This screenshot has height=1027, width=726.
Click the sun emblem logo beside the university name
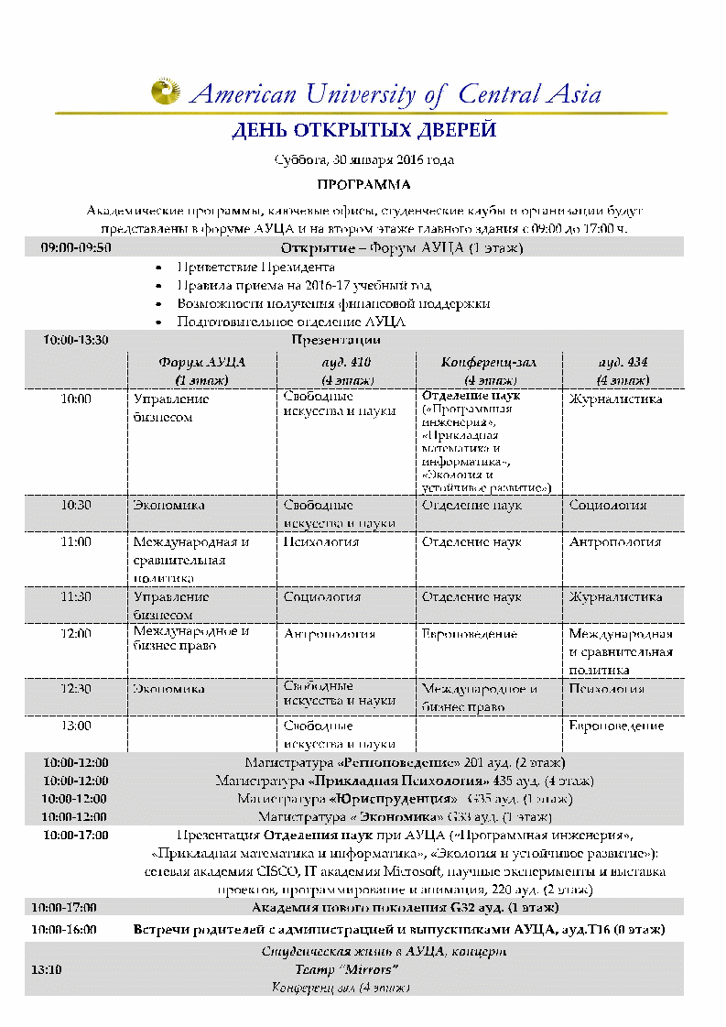tap(166, 92)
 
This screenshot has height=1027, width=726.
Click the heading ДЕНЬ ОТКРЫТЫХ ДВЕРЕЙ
tap(363, 130)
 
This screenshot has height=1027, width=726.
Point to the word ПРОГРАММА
tap(363, 184)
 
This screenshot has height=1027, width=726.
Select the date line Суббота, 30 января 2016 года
tap(363, 159)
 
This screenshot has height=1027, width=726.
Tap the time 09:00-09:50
tap(76, 247)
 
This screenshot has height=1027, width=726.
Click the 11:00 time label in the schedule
tap(76, 541)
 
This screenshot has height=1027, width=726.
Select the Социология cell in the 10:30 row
tap(608, 505)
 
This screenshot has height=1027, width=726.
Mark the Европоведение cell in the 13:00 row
tap(616, 726)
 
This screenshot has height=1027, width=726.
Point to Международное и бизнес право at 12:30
tap(479, 698)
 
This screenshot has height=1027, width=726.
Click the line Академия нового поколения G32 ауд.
tap(404, 907)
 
